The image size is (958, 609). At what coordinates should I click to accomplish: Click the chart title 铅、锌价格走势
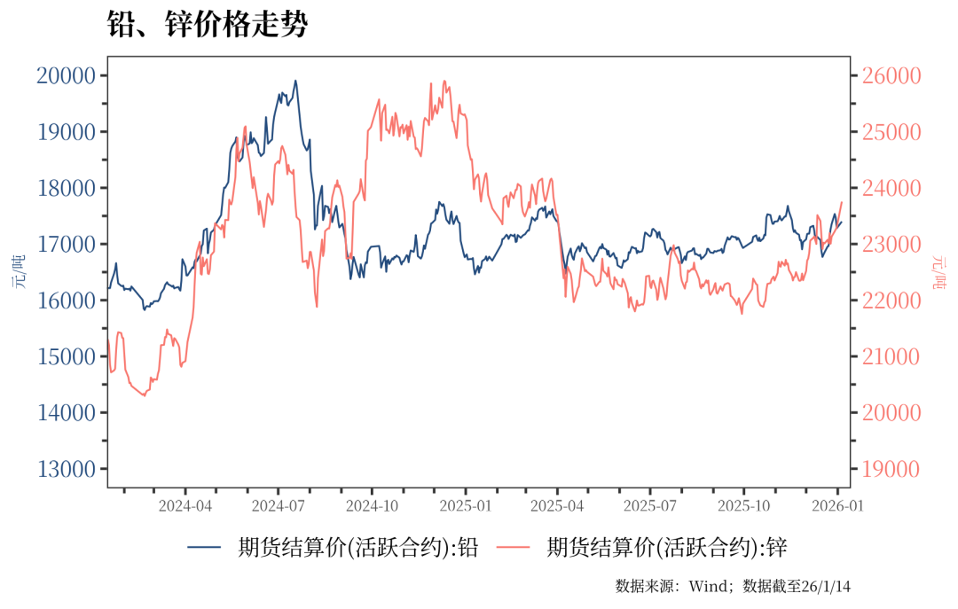[x=207, y=25]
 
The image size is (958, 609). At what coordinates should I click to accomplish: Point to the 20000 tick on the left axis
[x=66, y=75]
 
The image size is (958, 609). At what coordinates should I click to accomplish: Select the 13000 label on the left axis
[x=66, y=469]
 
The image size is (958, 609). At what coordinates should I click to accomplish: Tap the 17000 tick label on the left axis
[x=66, y=244]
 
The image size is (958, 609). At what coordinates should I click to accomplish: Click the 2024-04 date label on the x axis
[x=185, y=506]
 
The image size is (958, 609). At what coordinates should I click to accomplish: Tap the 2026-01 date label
[x=836, y=506]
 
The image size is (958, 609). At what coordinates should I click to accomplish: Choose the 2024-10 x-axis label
[x=371, y=506]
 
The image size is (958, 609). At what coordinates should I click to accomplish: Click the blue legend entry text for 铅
[x=357, y=548]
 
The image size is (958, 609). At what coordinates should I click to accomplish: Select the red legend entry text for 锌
[x=667, y=548]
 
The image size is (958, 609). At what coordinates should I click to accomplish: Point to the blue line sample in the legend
[x=205, y=549]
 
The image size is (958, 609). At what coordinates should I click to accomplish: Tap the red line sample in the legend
[x=514, y=549]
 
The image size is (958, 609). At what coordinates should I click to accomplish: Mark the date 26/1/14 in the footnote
[x=826, y=586]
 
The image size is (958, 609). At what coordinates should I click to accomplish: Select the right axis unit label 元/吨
[x=939, y=272]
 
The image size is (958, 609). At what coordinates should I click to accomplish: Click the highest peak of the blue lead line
[x=295, y=81]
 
